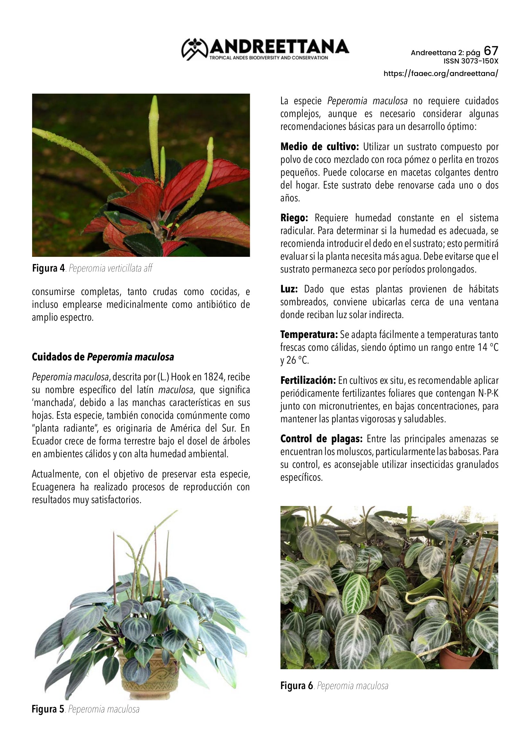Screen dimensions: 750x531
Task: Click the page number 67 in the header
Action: [491, 51]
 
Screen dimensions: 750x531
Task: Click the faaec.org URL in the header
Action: [441, 73]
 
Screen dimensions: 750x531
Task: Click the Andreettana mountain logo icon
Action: [195, 49]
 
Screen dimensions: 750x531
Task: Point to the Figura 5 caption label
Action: [48, 709]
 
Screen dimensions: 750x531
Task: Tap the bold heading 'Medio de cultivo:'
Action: [319, 147]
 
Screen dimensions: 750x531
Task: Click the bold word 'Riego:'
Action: [294, 218]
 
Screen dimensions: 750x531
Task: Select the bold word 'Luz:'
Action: [289, 290]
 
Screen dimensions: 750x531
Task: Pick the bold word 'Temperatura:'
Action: [309, 335]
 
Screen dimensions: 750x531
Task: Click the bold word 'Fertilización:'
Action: [308, 381]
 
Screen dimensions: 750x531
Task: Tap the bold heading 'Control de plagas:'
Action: [321, 439]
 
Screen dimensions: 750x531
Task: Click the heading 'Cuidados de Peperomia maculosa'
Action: [103, 357]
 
